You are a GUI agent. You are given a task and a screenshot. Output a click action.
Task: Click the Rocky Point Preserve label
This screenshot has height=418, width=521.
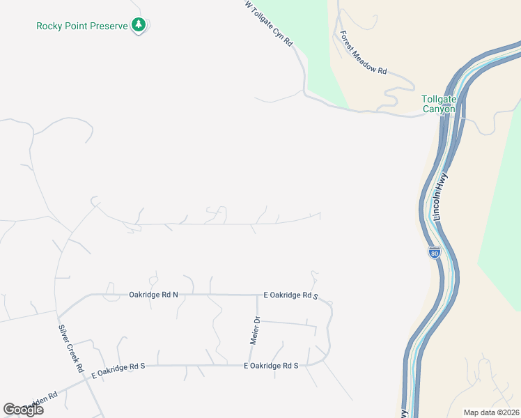pyautogui.click(x=82, y=26)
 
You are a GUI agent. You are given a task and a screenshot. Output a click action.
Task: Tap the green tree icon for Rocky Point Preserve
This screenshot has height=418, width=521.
pyautogui.click(x=139, y=26)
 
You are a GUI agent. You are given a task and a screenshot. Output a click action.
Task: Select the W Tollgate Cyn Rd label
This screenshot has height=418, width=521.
pyautogui.click(x=269, y=24)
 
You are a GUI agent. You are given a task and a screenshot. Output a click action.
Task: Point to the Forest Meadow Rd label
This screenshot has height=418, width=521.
pyautogui.click(x=362, y=52)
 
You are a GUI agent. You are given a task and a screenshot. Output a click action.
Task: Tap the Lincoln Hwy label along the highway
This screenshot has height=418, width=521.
pyautogui.click(x=442, y=198)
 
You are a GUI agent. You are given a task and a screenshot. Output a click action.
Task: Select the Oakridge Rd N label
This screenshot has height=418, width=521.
pyautogui.click(x=153, y=295)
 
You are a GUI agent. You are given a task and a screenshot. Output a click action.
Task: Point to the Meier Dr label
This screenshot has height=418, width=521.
pyautogui.click(x=255, y=331)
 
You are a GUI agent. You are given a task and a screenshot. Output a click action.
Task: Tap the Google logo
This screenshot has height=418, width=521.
pyautogui.click(x=23, y=410)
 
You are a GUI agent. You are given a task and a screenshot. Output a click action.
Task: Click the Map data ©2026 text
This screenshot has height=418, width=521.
pyautogui.click(x=491, y=412)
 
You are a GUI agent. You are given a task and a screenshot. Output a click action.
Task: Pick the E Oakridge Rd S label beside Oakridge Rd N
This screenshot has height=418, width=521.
pyautogui.click(x=290, y=296)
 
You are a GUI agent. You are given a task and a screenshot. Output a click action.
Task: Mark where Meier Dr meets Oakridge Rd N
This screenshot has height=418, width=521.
pyautogui.click(x=257, y=295)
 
